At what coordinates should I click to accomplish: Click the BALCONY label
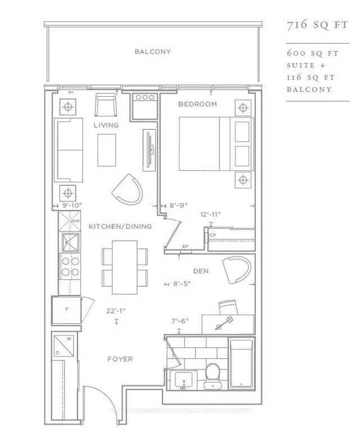152,52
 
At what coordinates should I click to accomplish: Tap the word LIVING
106,125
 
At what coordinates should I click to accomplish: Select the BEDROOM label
197,105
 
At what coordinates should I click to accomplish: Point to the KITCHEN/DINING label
120,227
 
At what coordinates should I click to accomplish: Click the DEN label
201,271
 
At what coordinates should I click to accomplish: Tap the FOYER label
120,359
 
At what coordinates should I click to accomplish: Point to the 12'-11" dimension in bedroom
210,214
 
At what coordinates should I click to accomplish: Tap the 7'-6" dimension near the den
179,321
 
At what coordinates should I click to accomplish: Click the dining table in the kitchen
125,267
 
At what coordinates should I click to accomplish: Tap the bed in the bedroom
214,144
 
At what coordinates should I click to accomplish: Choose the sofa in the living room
67,150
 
